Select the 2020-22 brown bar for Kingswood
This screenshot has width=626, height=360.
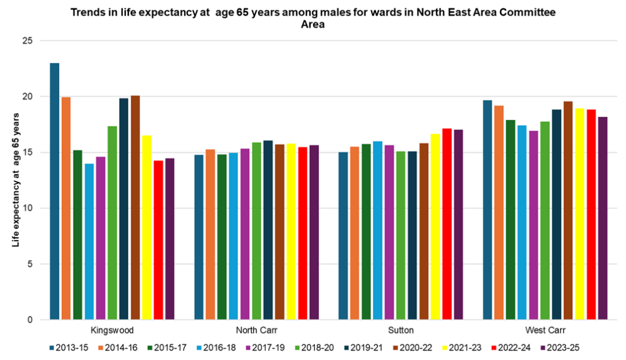(135, 207)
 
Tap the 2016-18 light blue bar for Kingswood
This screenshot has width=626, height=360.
(89, 241)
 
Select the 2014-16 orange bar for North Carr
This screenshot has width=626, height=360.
(210, 234)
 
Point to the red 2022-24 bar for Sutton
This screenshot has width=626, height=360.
(447, 224)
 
